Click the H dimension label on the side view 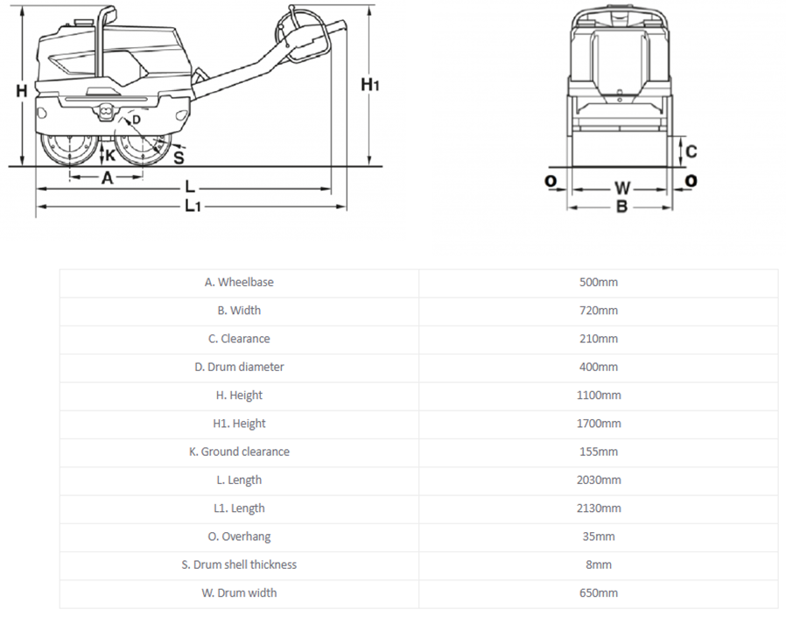coord(21,91)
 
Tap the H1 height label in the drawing coord(370,84)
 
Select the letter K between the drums coord(110,155)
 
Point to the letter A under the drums coord(108,178)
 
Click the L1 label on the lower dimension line coord(193,206)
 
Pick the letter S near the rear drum coord(179,158)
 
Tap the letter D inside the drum coord(137,120)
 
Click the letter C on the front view coord(691,151)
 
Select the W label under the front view coord(622,188)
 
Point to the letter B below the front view coord(621,206)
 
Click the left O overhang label coord(551,180)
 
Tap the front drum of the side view coord(70,150)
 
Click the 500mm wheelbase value coord(599,282)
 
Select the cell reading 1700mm coord(599,424)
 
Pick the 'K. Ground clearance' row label coord(239,452)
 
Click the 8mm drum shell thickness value coord(599,564)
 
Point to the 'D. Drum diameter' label coord(239,367)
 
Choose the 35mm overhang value coord(599,536)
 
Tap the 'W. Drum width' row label coord(239,593)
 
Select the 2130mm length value coord(599,508)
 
